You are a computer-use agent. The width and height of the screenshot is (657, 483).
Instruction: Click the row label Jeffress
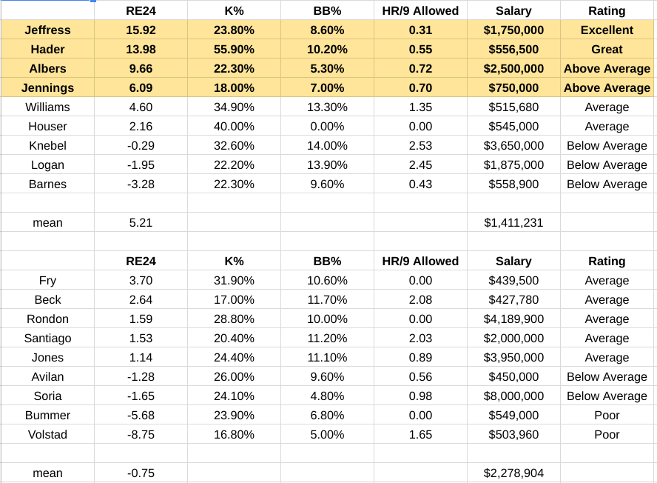(x=47, y=30)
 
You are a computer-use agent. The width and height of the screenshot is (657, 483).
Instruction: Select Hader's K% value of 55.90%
(x=234, y=50)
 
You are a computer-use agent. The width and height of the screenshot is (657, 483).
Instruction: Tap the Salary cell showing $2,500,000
(x=513, y=69)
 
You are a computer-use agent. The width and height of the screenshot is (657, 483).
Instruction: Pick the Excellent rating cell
(x=607, y=30)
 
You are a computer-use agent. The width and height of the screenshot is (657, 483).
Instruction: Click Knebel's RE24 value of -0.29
(x=141, y=146)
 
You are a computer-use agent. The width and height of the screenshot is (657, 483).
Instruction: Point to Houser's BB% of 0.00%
(x=327, y=127)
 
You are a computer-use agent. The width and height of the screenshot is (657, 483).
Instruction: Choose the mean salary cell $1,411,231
(x=513, y=223)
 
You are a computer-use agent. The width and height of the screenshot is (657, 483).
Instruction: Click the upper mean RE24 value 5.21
(x=141, y=223)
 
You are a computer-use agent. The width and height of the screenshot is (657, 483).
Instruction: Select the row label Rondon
(x=47, y=319)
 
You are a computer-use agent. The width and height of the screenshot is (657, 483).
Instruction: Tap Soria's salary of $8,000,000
(x=513, y=396)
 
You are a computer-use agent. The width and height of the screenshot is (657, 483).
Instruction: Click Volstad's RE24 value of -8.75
(x=141, y=434)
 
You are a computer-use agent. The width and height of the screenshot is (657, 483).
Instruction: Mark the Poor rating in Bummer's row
(x=607, y=416)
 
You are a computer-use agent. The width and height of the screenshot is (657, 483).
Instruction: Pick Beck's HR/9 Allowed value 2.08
(x=420, y=299)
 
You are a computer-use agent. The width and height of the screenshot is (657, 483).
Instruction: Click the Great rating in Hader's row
(x=607, y=50)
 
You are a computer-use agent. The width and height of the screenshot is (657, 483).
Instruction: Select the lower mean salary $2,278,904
(x=513, y=473)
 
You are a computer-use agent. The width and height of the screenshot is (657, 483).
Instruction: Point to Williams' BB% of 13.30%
(x=327, y=107)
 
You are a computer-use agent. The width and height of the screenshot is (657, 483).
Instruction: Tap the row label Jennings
(x=47, y=88)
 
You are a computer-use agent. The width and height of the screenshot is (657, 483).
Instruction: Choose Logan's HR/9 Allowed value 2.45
(x=420, y=165)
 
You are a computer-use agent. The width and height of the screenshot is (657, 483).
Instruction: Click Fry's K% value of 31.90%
(x=234, y=280)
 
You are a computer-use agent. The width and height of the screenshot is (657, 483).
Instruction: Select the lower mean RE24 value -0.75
(x=141, y=473)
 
